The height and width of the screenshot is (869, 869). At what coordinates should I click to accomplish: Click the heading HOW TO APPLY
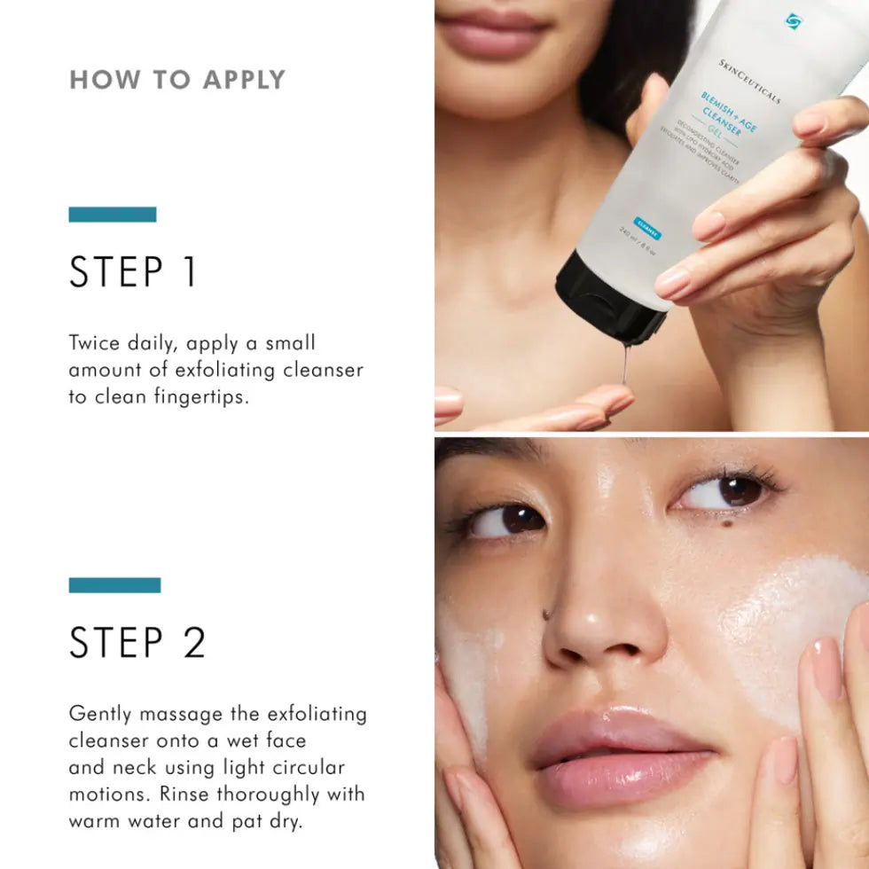click(x=177, y=80)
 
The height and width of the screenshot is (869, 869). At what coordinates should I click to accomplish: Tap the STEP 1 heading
click(x=133, y=272)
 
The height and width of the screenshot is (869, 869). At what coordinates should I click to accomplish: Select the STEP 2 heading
click(x=137, y=643)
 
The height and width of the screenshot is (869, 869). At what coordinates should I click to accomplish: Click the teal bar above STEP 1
click(x=113, y=215)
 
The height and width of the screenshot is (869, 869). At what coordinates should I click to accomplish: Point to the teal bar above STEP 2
click(x=114, y=585)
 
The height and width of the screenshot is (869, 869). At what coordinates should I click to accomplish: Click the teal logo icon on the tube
click(x=793, y=20)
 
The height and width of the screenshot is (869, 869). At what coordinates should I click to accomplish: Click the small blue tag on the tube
click(x=647, y=225)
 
